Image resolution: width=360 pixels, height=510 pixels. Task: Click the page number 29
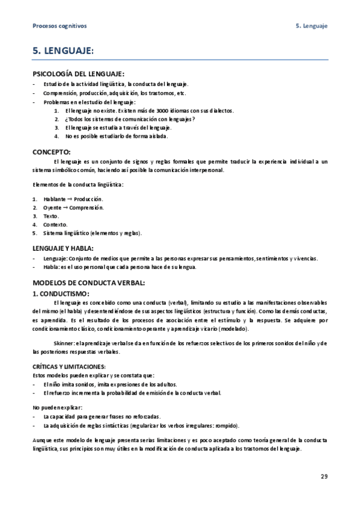(x=324, y=477)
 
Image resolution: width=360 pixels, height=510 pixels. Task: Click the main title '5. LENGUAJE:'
(x=63, y=53)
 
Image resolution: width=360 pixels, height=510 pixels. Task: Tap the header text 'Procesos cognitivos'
(x=59, y=26)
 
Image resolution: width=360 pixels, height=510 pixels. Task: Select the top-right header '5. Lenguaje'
(x=311, y=26)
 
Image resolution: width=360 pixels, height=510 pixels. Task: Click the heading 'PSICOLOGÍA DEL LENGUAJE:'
(x=78, y=74)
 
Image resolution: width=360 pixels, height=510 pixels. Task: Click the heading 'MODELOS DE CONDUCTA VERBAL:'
(x=89, y=282)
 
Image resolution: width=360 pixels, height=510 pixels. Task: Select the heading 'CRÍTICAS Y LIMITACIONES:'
(x=69, y=366)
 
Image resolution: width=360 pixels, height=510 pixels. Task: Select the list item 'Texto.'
(x=51, y=216)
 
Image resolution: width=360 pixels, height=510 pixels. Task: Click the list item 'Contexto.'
(x=55, y=224)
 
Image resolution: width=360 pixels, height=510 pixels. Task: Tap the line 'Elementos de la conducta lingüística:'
(x=77, y=184)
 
